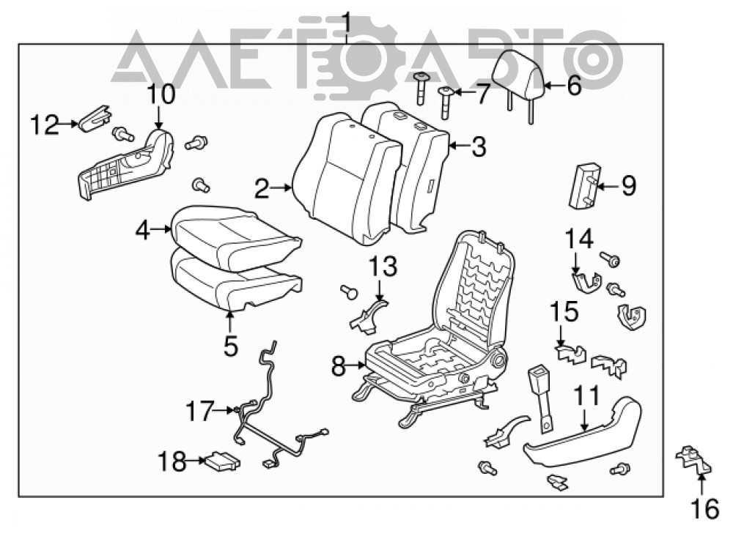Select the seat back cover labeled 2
(346, 177)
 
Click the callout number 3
(479, 146)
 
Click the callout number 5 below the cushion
(230, 346)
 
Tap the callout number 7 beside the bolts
(482, 94)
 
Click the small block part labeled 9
(584, 185)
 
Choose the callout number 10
(161, 94)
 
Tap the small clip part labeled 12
(95, 119)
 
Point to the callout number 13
(383, 267)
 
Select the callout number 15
(564, 311)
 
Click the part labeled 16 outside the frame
(693, 460)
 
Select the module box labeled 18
(222, 461)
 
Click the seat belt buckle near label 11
(540, 396)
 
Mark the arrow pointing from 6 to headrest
(555, 86)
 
